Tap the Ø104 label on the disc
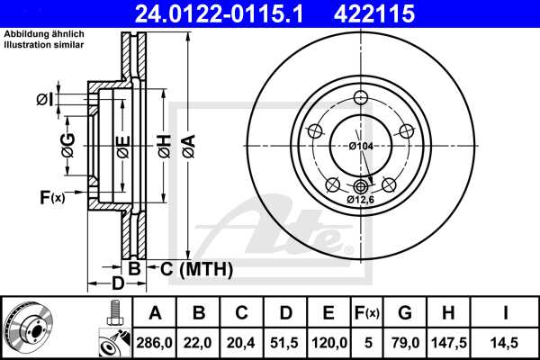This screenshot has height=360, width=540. (362, 146)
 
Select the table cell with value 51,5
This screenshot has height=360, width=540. (286, 342)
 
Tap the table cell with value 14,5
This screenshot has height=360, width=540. (505, 342)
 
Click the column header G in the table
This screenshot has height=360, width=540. (404, 314)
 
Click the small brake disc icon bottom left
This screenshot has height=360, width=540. (29, 328)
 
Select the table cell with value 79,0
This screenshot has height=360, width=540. (404, 342)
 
